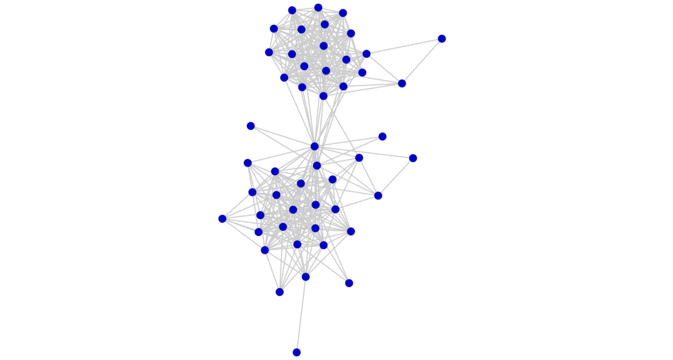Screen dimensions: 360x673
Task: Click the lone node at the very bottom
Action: pos(296,352)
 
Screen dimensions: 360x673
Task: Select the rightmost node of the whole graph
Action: pos(441,38)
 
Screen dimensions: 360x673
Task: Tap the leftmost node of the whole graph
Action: pos(222,219)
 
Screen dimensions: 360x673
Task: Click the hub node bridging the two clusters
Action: pos(314,146)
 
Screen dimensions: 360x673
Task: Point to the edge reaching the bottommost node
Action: pos(301,315)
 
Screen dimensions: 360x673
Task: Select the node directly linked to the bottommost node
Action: pos(306,277)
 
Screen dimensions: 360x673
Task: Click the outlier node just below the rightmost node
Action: pos(402,83)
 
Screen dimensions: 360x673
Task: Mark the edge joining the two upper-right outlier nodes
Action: pos(422,61)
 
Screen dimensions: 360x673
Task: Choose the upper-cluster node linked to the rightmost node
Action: pos(366,54)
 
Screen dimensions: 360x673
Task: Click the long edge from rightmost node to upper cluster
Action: pos(404,46)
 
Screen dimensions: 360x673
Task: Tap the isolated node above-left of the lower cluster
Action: pos(250,126)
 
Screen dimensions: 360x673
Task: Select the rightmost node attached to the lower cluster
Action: pos(413,158)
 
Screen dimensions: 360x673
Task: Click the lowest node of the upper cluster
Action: pos(323,96)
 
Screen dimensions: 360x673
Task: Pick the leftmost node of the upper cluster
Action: pos(269,52)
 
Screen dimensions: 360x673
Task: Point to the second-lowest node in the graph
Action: pos(279,292)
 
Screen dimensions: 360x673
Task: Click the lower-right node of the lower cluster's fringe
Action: pos(349,283)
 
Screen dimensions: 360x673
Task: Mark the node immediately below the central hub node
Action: pos(317,166)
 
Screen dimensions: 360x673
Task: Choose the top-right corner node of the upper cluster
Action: pos(343,13)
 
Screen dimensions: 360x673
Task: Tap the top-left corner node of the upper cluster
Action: pos(291,10)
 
